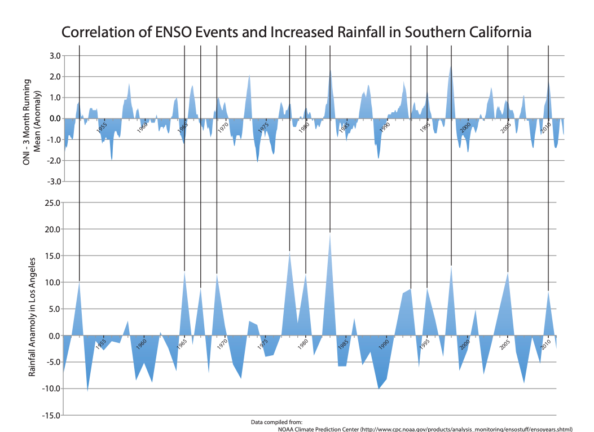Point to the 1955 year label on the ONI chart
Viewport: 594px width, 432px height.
pos(102,127)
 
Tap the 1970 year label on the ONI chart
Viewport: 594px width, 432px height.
pos(223,127)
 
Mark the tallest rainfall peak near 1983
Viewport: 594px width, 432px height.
pos(330,233)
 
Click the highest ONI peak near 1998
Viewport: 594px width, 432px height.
pos(451,67)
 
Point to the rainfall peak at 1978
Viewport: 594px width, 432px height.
pos(289,252)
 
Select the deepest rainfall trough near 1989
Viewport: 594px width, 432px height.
pos(379,388)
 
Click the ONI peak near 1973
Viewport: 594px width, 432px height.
pos(249,76)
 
